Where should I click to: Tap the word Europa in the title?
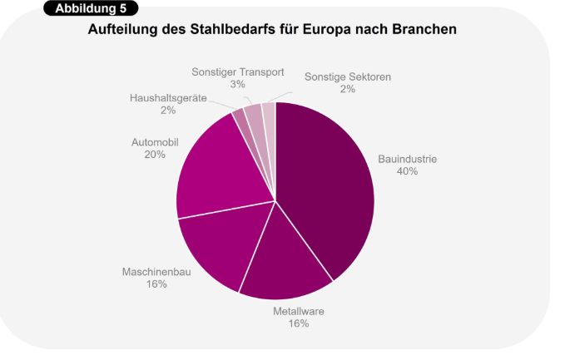[x=323, y=30]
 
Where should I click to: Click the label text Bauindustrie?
[x=407, y=159]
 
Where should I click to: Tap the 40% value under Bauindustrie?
[x=407, y=171]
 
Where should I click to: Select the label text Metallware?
[x=299, y=311]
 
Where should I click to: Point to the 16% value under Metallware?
[x=299, y=323]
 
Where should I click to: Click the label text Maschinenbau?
[x=156, y=272]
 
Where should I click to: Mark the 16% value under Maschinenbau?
[x=156, y=284]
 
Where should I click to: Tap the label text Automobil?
[x=155, y=142]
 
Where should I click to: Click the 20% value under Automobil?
[x=155, y=155]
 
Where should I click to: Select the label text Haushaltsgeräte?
[x=168, y=98]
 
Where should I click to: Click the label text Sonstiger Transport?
[x=237, y=72]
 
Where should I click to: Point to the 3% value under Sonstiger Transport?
[x=237, y=85]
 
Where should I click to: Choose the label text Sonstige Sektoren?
[x=347, y=76]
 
